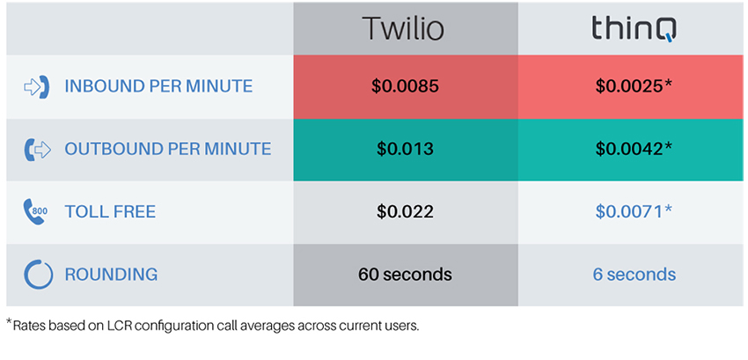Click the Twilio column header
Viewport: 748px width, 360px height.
(x=403, y=29)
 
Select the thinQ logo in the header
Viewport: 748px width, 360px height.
(x=634, y=30)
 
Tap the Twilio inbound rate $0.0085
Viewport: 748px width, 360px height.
(x=405, y=86)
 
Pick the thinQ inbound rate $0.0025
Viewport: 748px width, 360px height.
(x=634, y=86)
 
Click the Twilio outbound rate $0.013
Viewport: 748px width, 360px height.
(x=405, y=149)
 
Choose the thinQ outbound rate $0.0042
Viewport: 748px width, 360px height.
(x=634, y=149)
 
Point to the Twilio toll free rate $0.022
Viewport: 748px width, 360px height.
(x=405, y=211)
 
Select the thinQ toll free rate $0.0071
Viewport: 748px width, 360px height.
(x=634, y=211)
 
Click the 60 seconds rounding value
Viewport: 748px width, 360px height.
(x=405, y=275)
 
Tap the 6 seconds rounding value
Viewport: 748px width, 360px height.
(x=634, y=275)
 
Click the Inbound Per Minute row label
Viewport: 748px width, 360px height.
(x=159, y=86)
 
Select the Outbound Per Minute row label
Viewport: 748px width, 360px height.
(x=168, y=149)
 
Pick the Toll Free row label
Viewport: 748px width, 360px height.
(x=110, y=211)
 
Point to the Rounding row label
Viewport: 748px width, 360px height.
(x=111, y=275)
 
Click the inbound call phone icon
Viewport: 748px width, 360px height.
(x=37, y=86)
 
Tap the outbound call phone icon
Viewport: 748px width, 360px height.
(x=37, y=150)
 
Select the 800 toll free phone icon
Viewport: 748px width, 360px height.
(x=35, y=212)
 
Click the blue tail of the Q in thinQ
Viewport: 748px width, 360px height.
(x=671, y=38)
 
